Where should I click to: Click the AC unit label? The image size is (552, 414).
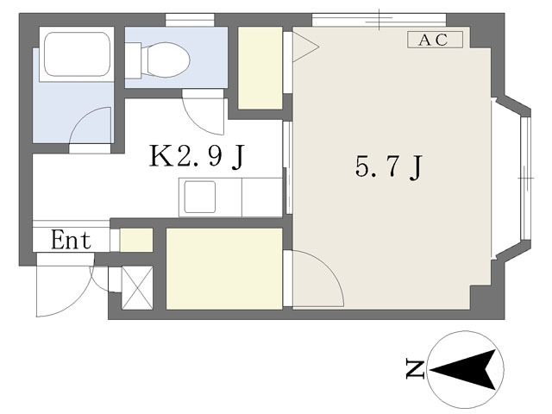[435, 40]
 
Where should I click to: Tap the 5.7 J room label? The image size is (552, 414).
[388, 167]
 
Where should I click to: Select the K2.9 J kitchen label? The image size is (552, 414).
[197, 157]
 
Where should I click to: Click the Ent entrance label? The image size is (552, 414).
[71, 240]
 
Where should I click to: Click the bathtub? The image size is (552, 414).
[77, 54]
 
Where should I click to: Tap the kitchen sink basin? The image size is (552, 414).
[199, 198]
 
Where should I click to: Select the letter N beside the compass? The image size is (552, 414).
[415, 368]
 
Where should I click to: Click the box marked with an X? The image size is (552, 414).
[137, 288]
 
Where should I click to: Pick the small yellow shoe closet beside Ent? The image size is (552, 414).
[136, 240]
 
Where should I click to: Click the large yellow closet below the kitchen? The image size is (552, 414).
[224, 269]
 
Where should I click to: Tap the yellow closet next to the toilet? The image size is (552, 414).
[260, 68]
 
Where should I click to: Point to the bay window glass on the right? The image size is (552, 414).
[525, 179]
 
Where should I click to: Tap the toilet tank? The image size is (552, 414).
[133, 60]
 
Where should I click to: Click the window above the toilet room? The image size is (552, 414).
[190, 20]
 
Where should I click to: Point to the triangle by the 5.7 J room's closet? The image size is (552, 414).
[304, 47]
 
